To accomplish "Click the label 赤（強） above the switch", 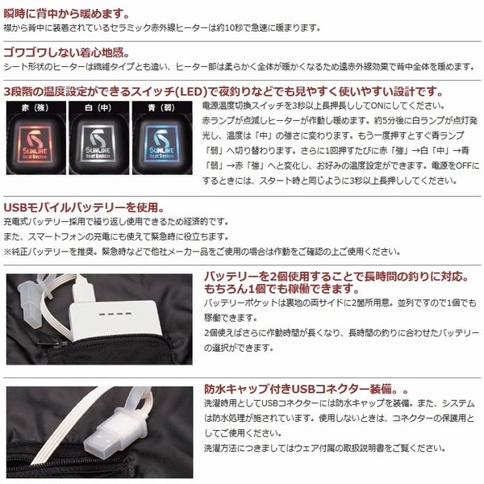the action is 35,108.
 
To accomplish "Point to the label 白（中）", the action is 98,108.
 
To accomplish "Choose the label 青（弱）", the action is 161,108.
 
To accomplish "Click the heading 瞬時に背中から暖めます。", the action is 66,14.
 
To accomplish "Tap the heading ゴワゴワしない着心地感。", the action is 66,52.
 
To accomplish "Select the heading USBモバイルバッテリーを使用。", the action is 84,207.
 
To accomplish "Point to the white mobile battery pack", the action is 115,321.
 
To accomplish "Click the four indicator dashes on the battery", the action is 115,315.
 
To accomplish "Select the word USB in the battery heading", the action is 15,207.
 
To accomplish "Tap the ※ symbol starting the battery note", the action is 7,252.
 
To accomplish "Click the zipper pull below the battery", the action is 52,344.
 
